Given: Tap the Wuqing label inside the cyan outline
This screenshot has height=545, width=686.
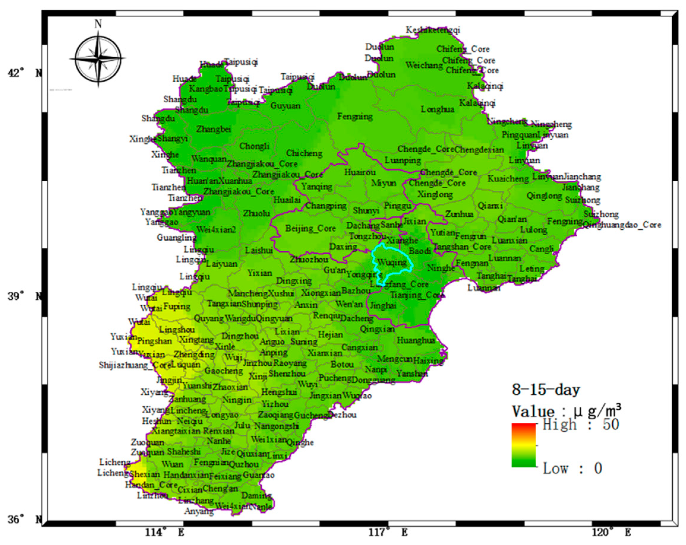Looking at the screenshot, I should (x=392, y=263).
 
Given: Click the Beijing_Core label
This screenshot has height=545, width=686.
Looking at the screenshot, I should (x=310, y=228).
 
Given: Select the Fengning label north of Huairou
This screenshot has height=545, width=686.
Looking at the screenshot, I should (x=355, y=117).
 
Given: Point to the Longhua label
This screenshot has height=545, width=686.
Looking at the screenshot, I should (x=437, y=109).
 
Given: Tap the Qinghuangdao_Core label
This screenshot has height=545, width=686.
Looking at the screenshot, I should (x=622, y=225).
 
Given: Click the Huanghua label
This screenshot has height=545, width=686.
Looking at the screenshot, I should (x=415, y=340).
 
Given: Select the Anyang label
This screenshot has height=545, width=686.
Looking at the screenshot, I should (x=199, y=511).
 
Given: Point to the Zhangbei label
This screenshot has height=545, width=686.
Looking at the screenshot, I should (x=213, y=129).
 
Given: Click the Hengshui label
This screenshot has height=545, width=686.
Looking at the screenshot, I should (x=279, y=392).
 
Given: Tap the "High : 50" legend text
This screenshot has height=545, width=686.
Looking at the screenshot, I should (x=581, y=425).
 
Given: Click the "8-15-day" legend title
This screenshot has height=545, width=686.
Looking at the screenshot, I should (x=546, y=390).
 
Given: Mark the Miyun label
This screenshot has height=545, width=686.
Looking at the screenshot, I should (x=383, y=183).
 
